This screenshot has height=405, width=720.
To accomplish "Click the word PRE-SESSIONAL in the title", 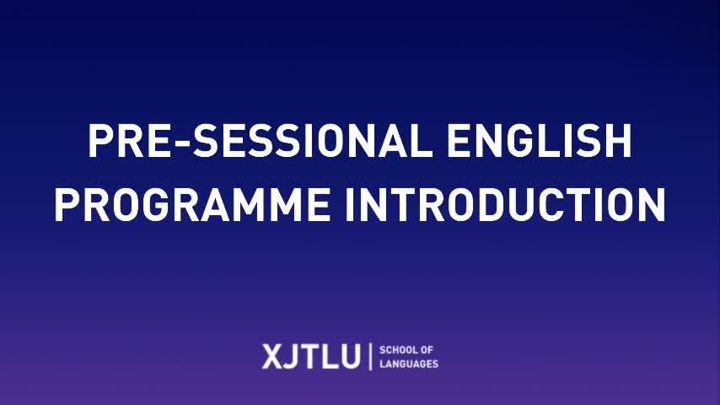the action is pos(260,141).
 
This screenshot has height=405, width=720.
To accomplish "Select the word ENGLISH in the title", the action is pos(539,141).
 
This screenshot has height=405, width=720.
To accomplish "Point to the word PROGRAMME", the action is pos(192,204).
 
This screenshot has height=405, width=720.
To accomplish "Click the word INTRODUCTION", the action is pos(505,204).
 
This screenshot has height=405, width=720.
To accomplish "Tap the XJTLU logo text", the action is pos(311,356).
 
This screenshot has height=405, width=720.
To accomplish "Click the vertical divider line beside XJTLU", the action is pos(370,356).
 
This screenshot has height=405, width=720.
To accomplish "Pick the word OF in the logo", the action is pos(427,350).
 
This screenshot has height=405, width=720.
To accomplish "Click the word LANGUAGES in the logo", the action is pos(409,364).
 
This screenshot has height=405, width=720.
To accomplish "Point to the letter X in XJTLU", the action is pos(271,356).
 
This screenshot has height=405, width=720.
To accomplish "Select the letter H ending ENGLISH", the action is pos(619,141).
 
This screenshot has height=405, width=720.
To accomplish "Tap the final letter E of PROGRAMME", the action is pos(318,204).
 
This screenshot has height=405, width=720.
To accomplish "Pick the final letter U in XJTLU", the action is pos(350,356).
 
